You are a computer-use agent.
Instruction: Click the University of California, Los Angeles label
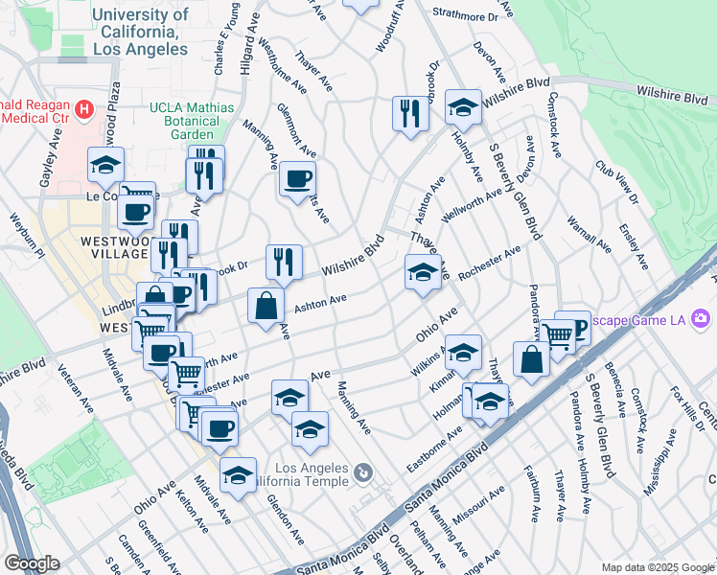(x=140, y=31)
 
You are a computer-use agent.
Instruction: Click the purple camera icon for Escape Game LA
(x=703, y=316)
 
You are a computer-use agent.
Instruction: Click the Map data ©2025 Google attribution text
(x=658, y=567)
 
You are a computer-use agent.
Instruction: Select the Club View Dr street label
(x=615, y=182)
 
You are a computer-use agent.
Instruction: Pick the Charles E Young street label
(x=226, y=37)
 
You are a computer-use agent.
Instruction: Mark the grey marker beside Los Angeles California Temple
(x=362, y=472)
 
